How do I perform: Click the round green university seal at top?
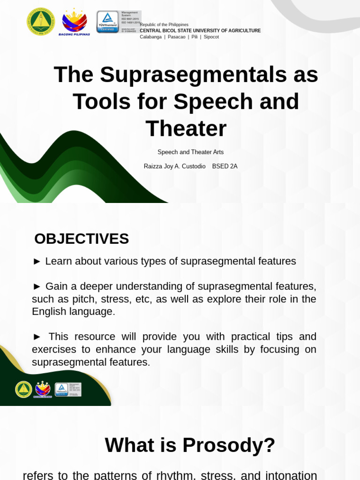point(41,22)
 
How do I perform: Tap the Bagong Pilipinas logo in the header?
point(74,22)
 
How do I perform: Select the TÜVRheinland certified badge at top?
point(108,22)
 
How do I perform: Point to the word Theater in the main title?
point(186,128)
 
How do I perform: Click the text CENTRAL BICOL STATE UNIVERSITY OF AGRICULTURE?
point(200,30)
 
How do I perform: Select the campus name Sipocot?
point(211,37)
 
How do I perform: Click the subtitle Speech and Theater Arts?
point(190,152)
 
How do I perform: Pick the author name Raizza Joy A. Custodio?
point(174,166)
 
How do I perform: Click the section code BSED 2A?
point(225,166)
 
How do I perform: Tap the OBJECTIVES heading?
point(82,239)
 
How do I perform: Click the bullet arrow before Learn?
point(37,262)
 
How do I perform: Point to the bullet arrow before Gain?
point(37,286)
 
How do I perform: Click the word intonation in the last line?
point(291,475)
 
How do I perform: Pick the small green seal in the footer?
point(23,390)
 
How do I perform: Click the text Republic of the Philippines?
point(164,24)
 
